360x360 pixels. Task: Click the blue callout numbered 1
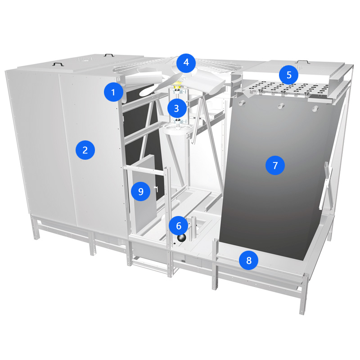click(x=113, y=92)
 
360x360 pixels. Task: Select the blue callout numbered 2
click(x=85, y=150)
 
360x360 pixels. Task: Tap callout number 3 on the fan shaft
click(x=177, y=108)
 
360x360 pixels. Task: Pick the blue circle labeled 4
click(x=186, y=63)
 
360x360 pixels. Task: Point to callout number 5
click(x=288, y=75)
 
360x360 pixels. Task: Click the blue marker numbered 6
click(x=178, y=226)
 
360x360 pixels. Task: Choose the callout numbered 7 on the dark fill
click(x=275, y=165)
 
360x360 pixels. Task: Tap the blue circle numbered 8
click(x=249, y=261)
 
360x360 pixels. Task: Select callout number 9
click(x=141, y=192)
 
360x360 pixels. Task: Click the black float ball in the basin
click(x=181, y=238)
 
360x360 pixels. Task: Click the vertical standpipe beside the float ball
click(x=193, y=229)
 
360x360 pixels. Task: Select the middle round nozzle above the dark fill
click(x=281, y=106)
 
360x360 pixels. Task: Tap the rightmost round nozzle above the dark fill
click(x=315, y=108)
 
